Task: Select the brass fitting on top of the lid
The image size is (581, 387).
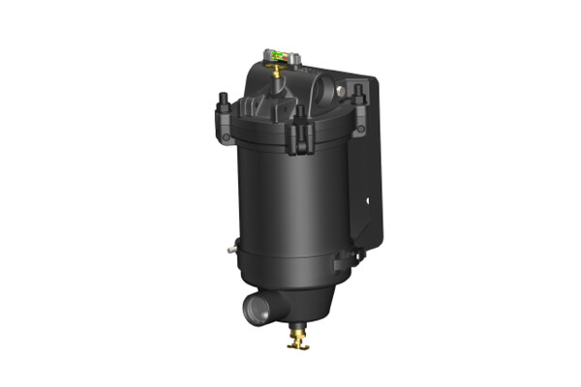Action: coord(279,70)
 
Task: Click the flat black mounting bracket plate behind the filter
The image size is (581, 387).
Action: coord(373,164)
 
